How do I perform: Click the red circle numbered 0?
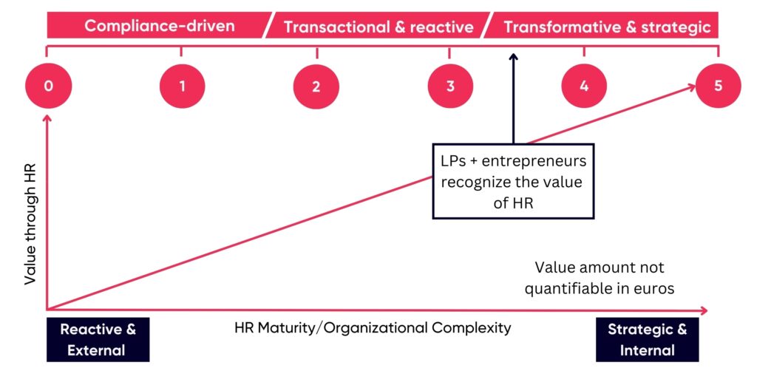[48, 86]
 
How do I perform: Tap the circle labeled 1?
[182, 86]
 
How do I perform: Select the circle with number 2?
[316, 86]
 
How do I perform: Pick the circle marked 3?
[450, 86]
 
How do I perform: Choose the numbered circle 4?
[584, 86]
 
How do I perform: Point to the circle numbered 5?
[719, 86]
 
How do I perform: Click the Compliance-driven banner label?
[160, 26]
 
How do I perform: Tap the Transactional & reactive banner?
[378, 26]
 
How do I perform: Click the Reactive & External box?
[98, 339]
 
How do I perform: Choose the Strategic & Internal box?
[647, 339]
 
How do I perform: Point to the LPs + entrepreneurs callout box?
[513, 181]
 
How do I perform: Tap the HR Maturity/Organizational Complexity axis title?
[373, 328]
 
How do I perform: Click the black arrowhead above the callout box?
[513, 57]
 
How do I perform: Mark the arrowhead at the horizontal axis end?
[703, 310]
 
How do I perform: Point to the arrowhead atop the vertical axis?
[47, 117]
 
